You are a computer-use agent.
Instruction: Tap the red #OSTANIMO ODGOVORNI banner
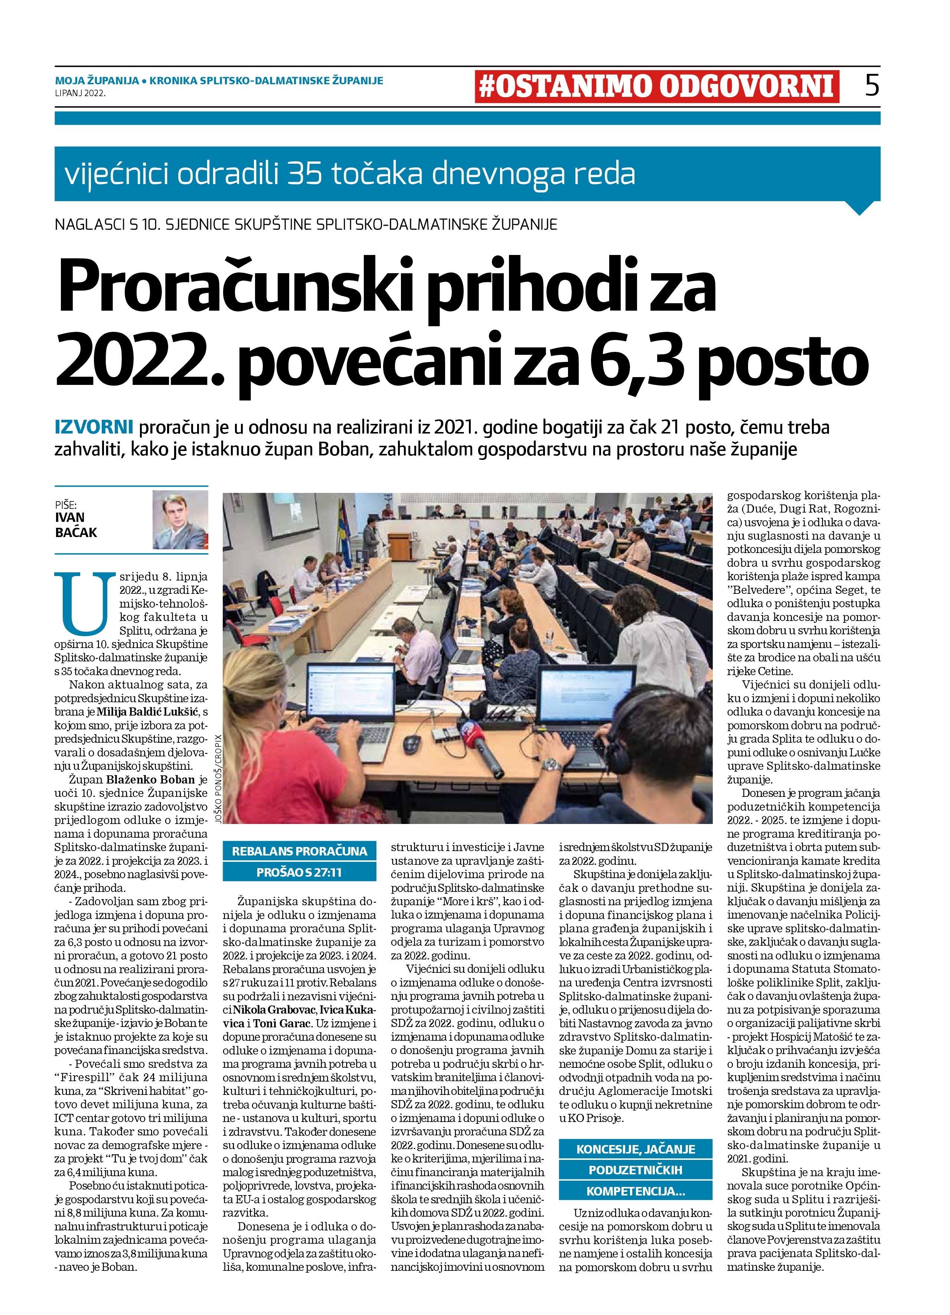pyautogui.click(x=656, y=86)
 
